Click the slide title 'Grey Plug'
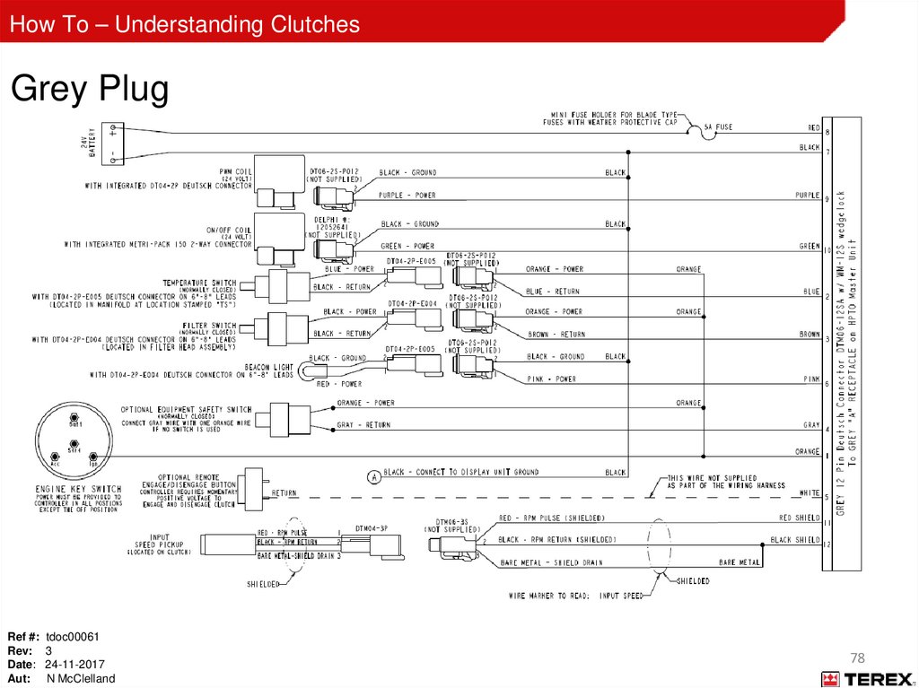90,91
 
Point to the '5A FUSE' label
718,127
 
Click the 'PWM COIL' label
235,170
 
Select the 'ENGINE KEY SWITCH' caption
78,489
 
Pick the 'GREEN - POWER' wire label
407,246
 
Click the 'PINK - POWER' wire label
550,379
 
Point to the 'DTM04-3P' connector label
371,528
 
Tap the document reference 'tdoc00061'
73,637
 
